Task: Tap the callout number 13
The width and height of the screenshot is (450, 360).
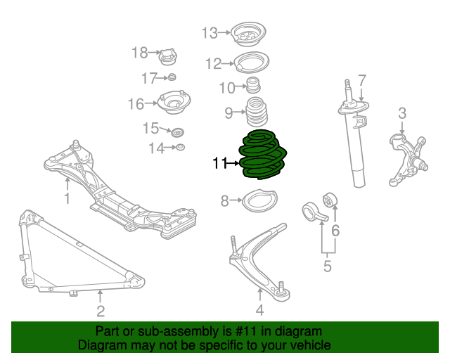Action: tap(210, 32)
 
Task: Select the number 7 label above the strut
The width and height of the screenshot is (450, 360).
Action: tap(362, 79)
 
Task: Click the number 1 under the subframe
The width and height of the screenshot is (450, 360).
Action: tap(67, 199)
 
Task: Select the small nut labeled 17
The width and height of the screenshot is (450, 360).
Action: tap(171, 77)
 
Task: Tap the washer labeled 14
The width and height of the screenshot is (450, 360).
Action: tap(180, 147)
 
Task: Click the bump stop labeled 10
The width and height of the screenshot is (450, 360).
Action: tap(253, 87)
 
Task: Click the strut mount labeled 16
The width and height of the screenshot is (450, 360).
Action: tap(173, 105)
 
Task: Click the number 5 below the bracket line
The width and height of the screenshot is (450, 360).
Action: tap(328, 266)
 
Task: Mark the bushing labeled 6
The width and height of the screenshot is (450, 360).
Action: tap(330, 200)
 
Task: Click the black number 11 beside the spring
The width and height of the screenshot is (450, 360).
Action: tap(220, 163)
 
